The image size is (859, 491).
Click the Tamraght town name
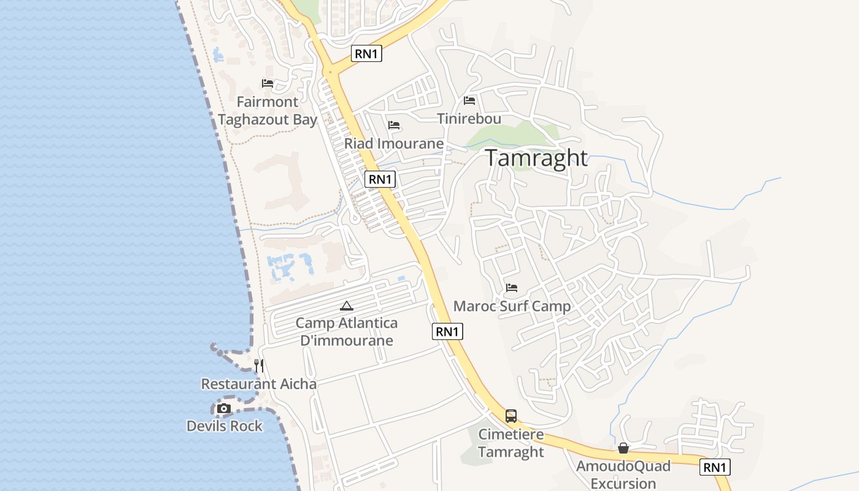point(537,158)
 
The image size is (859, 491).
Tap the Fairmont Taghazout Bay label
point(268,111)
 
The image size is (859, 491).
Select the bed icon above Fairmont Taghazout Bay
point(268,83)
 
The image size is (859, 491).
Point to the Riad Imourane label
point(394,144)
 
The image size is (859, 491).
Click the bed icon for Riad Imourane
point(394,125)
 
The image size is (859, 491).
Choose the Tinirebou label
point(469,118)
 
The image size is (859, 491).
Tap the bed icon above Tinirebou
point(469,100)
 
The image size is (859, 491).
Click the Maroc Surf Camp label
point(512,306)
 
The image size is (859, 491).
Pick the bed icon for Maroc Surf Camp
point(512,287)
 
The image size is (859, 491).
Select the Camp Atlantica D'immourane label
point(347,331)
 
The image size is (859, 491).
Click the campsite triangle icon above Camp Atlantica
point(347,306)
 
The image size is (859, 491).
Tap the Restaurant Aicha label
point(259,384)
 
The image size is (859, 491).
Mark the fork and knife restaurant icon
point(259,366)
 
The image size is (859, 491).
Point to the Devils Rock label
point(225,426)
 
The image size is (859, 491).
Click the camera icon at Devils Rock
point(224,408)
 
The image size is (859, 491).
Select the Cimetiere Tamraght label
point(511,443)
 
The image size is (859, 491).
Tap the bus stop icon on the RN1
point(511,416)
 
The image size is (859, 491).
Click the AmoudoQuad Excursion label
point(623,474)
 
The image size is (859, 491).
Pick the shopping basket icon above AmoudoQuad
point(623,449)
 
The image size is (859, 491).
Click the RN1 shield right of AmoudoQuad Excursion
point(715,467)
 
